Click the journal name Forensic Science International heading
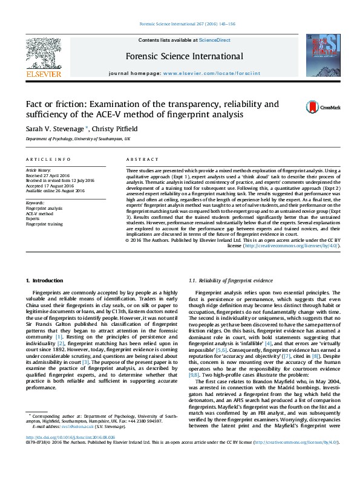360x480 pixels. coord(185,57)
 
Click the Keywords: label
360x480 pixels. coord(35,203)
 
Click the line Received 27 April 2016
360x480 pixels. coord(48,176)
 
